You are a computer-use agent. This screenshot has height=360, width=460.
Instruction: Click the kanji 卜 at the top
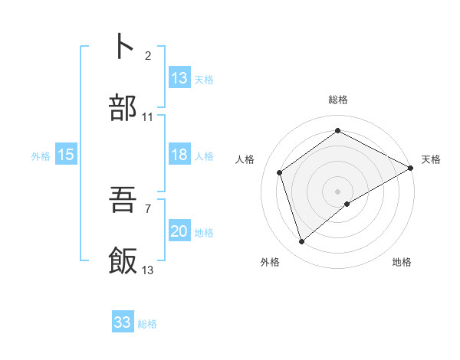(123, 47)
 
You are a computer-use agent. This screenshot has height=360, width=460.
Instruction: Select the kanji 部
(123, 109)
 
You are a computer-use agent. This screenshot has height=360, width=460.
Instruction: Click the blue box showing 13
(179, 78)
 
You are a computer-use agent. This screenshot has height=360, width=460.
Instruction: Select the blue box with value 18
(179, 155)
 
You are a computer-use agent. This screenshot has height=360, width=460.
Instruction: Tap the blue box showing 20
(179, 231)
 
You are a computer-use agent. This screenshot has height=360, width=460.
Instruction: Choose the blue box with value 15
(66, 155)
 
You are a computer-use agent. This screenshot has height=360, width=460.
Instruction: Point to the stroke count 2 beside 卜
(148, 55)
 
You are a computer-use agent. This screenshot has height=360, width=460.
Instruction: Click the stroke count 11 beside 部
(148, 117)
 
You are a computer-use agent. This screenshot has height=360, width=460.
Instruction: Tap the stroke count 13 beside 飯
(148, 270)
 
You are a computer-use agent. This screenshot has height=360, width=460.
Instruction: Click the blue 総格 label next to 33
(147, 324)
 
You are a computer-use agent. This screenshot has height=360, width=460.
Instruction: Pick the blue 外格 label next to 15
(41, 155)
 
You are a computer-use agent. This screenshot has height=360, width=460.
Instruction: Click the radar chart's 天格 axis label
(431, 159)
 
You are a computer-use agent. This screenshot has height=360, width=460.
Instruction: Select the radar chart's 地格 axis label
(402, 263)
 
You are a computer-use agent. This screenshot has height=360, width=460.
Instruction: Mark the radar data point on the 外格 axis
(301, 242)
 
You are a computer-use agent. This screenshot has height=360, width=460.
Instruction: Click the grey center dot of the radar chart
(338, 191)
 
